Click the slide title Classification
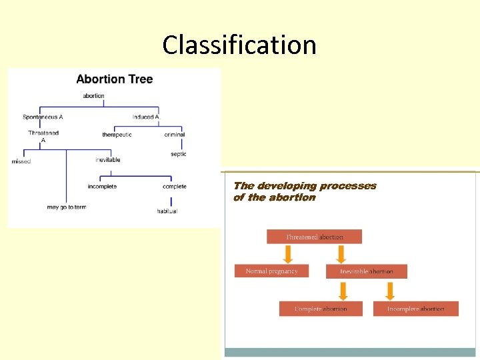click(x=239, y=45)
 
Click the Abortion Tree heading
click(x=115, y=79)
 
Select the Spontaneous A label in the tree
click(x=43, y=117)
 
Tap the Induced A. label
click(x=147, y=117)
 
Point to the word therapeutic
click(x=117, y=135)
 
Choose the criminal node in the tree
click(x=175, y=135)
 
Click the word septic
click(x=178, y=154)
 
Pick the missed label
click(x=21, y=161)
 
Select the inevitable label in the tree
click(x=108, y=160)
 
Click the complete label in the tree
click(x=175, y=187)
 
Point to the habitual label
click(x=167, y=211)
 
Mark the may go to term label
click(x=67, y=207)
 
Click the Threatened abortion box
click(x=314, y=237)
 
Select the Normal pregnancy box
click(x=271, y=271)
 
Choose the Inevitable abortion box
click(x=366, y=271)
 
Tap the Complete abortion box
click(x=321, y=309)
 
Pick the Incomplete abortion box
click(x=415, y=309)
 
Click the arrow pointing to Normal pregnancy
click(x=288, y=254)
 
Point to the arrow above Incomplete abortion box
click(x=390, y=290)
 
